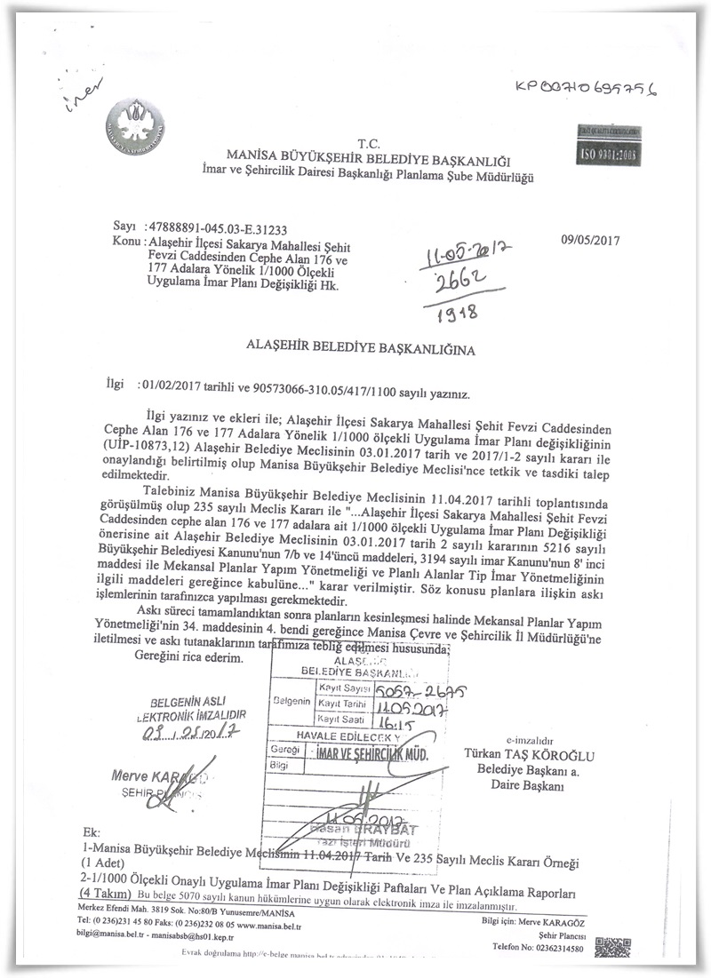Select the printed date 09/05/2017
pos(590,239)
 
